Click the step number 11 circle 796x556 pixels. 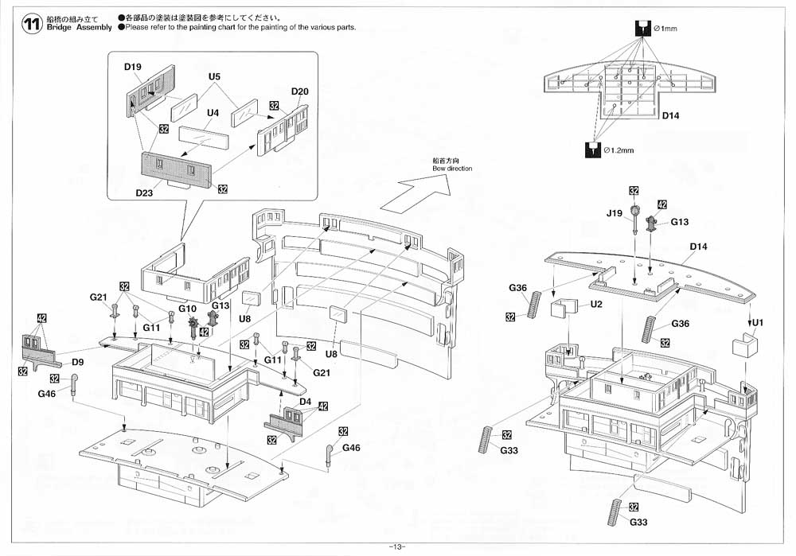coord(32,25)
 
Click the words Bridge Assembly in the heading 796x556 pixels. coord(79,27)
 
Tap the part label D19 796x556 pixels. coord(132,67)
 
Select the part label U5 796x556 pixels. coord(214,76)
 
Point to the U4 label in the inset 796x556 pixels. coord(213,113)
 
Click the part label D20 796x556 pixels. coord(299,91)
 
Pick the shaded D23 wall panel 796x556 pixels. coord(176,167)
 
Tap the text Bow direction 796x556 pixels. coord(452,169)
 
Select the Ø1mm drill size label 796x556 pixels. coord(665,29)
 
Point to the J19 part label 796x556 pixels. coord(615,213)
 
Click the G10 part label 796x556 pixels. coord(187,309)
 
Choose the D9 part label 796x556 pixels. coord(77,362)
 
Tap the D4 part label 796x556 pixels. coord(305,402)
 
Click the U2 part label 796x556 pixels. coord(596,305)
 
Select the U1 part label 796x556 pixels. coord(757,323)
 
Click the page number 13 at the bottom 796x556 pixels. coord(397,546)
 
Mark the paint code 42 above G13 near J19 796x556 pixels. coord(662,204)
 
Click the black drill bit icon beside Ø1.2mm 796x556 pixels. coord(593,150)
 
